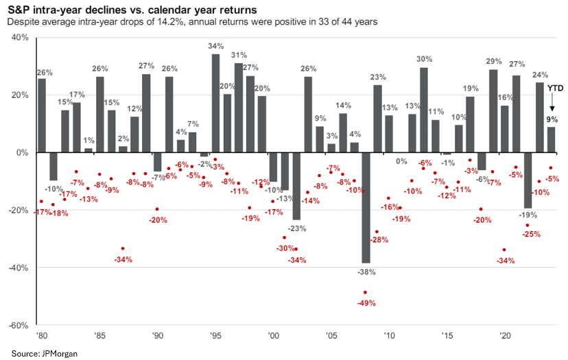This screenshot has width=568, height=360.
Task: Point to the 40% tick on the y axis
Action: click(19, 38)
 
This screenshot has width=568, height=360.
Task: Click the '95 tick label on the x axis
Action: click(215, 336)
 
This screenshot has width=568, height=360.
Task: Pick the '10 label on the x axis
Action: click(389, 336)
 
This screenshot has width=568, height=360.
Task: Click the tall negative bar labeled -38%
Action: click(366, 207)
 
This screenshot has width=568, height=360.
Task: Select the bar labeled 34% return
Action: click(215, 103)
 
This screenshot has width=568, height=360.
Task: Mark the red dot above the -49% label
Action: click(365, 292)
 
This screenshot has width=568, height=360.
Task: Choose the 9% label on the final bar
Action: click(552, 119)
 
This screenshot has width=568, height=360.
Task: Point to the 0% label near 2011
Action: click(401, 161)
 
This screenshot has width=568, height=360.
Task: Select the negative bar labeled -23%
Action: click(296, 186)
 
